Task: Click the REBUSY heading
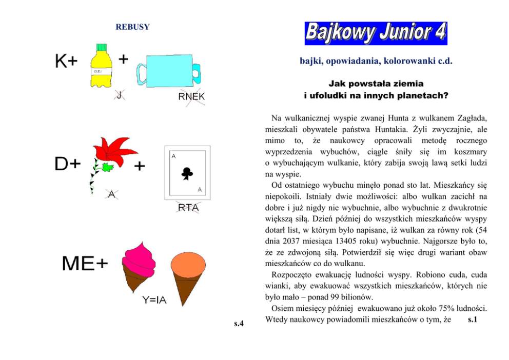point(132,27)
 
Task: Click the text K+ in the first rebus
point(66,62)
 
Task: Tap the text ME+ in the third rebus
point(85,264)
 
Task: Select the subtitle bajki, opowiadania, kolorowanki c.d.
point(376,61)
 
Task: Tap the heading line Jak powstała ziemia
point(376,83)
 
